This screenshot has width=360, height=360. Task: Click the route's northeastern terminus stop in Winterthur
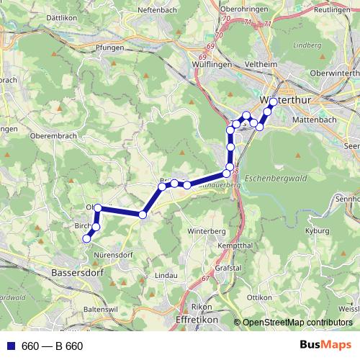point(274,102)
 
